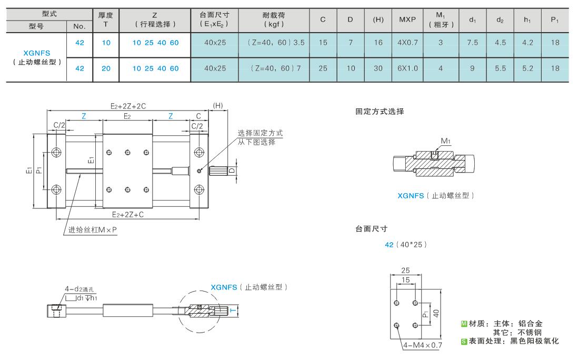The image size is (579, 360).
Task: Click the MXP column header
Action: click(x=407, y=19)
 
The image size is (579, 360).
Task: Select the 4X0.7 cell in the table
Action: click(x=407, y=43)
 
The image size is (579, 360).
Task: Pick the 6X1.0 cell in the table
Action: click(x=407, y=68)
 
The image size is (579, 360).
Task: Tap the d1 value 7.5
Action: click(x=473, y=43)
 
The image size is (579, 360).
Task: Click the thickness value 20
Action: click(x=106, y=68)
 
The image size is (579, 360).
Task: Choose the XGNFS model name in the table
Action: click(x=36, y=53)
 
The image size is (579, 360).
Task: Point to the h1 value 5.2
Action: click(x=527, y=68)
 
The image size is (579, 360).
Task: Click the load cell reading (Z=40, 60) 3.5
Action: click(x=276, y=43)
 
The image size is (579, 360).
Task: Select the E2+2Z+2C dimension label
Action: click(x=128, y=106)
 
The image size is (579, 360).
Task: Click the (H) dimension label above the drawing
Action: click(x=218, y=106)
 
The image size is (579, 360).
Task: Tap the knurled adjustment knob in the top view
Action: click(x=218, y=171)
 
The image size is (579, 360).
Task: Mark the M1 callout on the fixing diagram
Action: click(x=446, y=141)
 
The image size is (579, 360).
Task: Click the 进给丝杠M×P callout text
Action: click(x=92, y=229)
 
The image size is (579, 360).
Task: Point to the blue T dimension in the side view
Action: click(x=233, y=311)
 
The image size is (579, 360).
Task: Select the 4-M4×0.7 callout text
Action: click(x=423, y=345)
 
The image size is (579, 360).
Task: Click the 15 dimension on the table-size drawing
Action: click(x=405, y=280)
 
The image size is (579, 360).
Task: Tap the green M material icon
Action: click(x=464, y=324)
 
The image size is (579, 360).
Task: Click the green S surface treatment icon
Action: click(x=464, y=342)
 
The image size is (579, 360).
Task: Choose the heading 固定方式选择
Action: click(x=380, y=112)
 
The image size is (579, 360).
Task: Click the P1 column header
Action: click(x=555, y=20)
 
